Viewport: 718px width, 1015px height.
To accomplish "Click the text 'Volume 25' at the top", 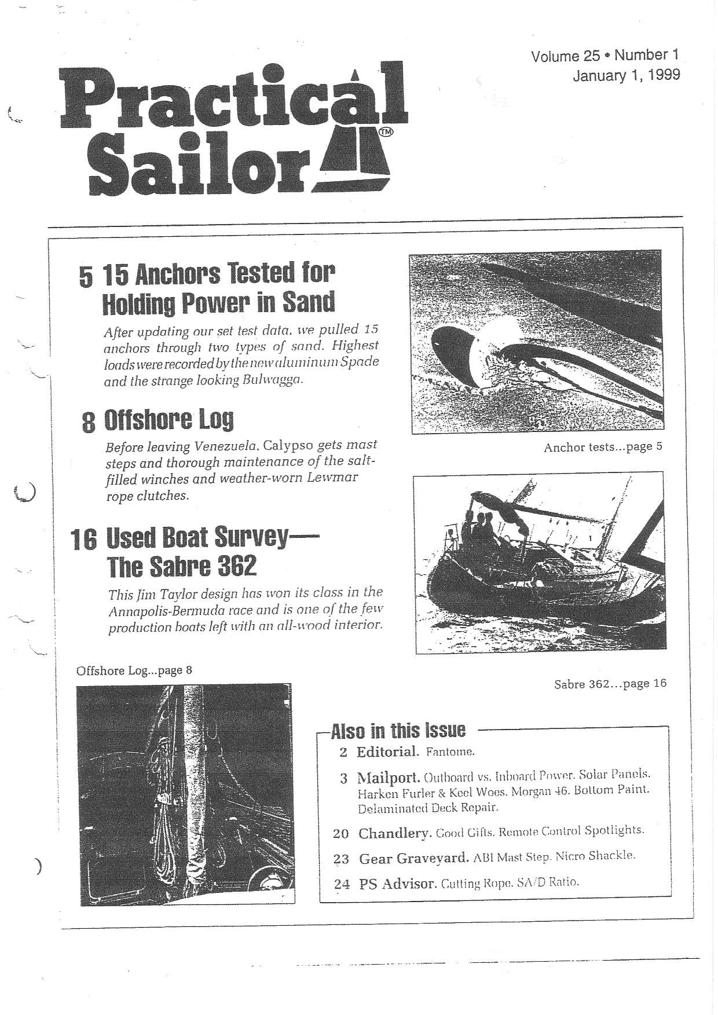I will click(565, 56).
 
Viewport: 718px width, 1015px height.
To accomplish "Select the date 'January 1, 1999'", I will click(626, 75).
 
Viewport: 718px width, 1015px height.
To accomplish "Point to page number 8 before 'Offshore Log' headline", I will click(88, 422).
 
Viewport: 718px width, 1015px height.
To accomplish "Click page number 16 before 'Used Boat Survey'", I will click(83, 540).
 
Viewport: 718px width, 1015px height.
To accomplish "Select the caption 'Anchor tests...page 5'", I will click(602, 447).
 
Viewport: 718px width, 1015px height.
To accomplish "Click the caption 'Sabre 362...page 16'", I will click(610, 684).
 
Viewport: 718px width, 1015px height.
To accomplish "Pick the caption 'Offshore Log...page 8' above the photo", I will click(134, 670).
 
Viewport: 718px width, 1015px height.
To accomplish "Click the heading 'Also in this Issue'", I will click(397, 731).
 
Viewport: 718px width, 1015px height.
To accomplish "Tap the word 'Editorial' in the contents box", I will click(387, 752).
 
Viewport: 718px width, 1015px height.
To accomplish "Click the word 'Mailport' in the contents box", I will click(388, 777).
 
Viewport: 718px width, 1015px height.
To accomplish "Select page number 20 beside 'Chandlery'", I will click(341, 834).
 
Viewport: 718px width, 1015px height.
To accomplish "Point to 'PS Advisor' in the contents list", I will click(397, 884).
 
